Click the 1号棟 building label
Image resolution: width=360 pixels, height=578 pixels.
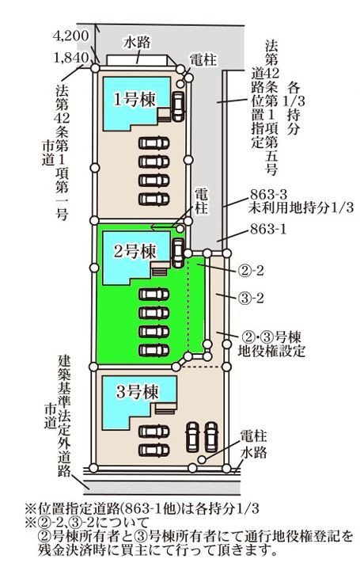point(135,99)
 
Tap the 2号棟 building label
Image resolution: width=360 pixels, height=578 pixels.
point(135,252)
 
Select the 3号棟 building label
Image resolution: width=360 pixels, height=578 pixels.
point(137,392)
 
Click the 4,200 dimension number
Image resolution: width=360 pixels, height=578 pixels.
point(70,36)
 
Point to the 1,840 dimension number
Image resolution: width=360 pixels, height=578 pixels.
point(71,58)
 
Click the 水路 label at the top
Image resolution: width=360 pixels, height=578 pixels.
point(137,43)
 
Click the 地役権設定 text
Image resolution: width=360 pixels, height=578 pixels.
point(271,351)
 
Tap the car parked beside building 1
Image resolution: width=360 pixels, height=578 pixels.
point(177,106)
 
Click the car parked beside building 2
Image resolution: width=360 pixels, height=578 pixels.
point(177,253)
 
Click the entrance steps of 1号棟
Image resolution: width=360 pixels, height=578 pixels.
point(165,115)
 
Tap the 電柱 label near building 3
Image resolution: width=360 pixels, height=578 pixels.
point(253,436)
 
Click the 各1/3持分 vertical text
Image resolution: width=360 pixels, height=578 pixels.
point(294,108)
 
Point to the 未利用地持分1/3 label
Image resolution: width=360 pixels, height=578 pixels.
point(301,208)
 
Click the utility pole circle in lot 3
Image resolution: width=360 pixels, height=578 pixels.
point(202,459)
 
